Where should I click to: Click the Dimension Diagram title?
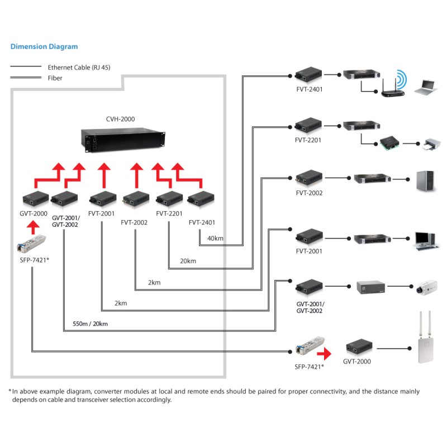44,47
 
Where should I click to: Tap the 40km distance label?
215,239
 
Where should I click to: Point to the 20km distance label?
188,261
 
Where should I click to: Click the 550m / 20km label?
90,324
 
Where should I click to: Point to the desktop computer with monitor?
424,239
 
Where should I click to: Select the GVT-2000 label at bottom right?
356,362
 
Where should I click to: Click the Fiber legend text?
55,78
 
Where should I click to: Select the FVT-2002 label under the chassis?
134,222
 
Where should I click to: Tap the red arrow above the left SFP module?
33,226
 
